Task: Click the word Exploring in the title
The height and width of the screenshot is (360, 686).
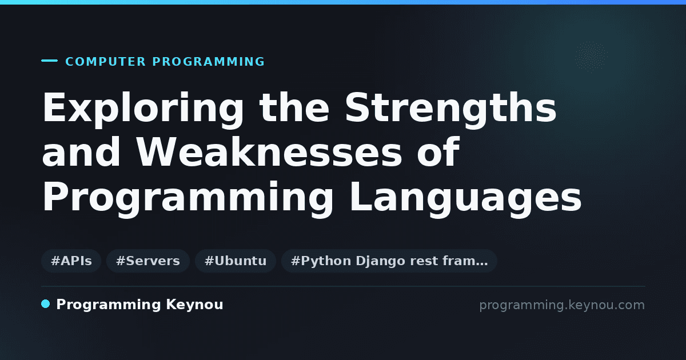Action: (x=143, y=110)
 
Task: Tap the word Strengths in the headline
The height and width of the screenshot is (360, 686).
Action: (x=451, y=110)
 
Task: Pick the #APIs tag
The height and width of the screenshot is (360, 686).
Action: (x=71, y=261)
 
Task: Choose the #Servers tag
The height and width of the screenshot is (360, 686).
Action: (x=148, y=261)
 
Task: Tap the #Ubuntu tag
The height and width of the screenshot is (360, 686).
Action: (x=236, y=261)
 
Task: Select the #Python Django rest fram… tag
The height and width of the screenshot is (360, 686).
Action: (x=389, y=261)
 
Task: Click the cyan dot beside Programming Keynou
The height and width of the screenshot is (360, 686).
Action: (x=46, y=304)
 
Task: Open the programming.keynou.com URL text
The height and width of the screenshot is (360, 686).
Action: (x=562, y=305)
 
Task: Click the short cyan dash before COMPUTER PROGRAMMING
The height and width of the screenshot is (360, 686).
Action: (x=49, y=61)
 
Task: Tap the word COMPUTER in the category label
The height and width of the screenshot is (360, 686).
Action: (x=105, y=62)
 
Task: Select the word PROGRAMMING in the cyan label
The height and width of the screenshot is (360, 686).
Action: (x=209, y=62)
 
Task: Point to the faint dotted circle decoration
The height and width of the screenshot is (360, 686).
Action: (x=591, y=57)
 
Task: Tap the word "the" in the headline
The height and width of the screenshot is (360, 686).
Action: (x=294, y=110)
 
